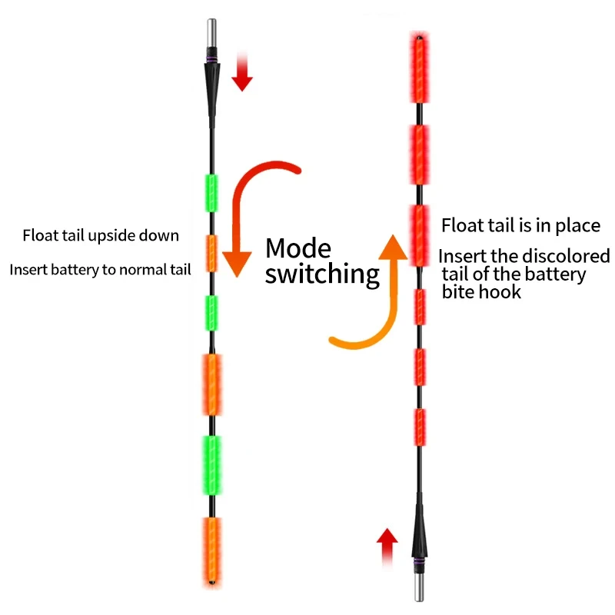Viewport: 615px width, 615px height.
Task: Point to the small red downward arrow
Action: click(x=242, y=72)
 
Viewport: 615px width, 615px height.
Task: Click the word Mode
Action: click(x=298, y=249)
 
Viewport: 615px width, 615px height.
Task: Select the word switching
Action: click(x=322, y=274)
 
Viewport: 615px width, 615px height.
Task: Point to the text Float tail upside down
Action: click(x=101, y=235)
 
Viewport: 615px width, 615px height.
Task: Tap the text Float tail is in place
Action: click(x=520, y=225)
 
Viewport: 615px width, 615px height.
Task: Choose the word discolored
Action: click(x=563, y=256)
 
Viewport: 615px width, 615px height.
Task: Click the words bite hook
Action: click(x=481, y=291)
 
